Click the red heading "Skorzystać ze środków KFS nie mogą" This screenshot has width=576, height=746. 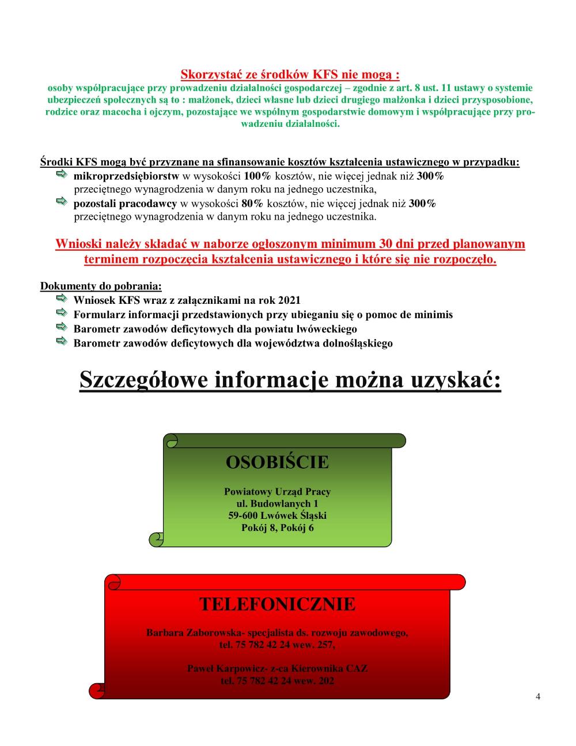coord(290,74)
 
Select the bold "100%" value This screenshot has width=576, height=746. coord(253,176)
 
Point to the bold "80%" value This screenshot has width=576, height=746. coord(252,204)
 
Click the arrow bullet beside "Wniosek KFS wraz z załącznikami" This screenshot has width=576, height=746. coord(62,299)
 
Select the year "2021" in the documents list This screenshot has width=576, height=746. coord(289,300)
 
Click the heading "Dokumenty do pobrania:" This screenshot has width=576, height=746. coord(101,287)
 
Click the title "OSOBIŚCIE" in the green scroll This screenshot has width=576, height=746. coord(277,462)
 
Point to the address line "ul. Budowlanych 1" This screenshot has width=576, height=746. coord(278,504)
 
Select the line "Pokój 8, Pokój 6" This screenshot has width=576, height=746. coord(278,528)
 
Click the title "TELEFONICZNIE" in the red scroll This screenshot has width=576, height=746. coord(277,604)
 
